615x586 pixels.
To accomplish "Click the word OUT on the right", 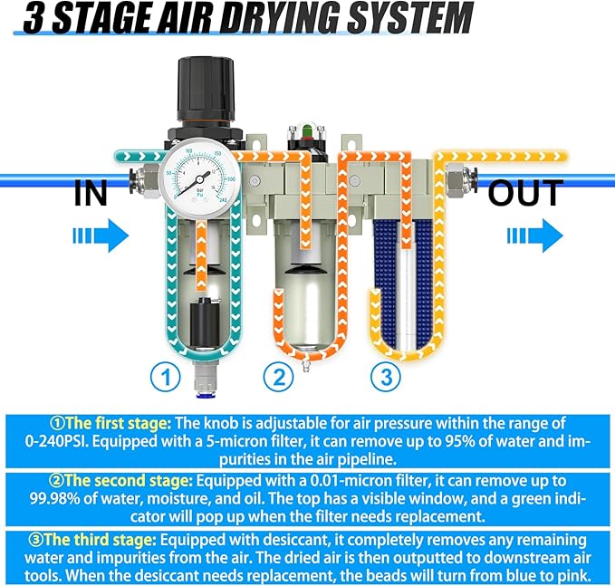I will click(x=525, y=193).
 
